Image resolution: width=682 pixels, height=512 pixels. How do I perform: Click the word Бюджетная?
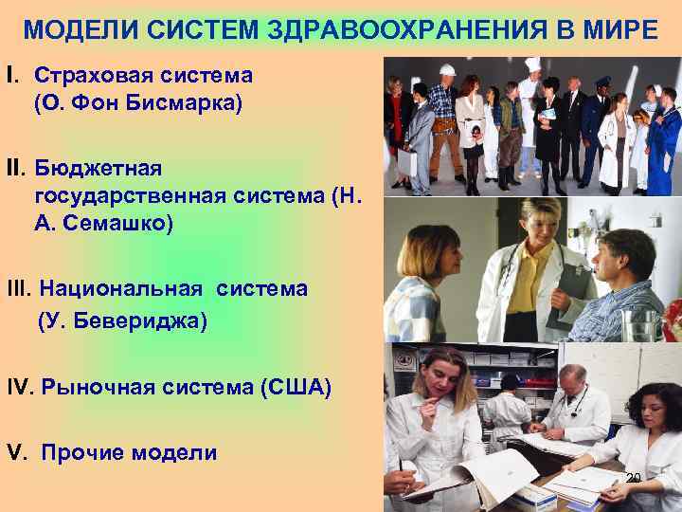point(99,168)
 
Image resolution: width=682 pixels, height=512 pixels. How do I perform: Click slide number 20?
point(635,477)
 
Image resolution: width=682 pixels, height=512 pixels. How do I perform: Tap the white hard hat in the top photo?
point(448,70)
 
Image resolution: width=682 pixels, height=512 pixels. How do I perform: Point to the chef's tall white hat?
point(532,65)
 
